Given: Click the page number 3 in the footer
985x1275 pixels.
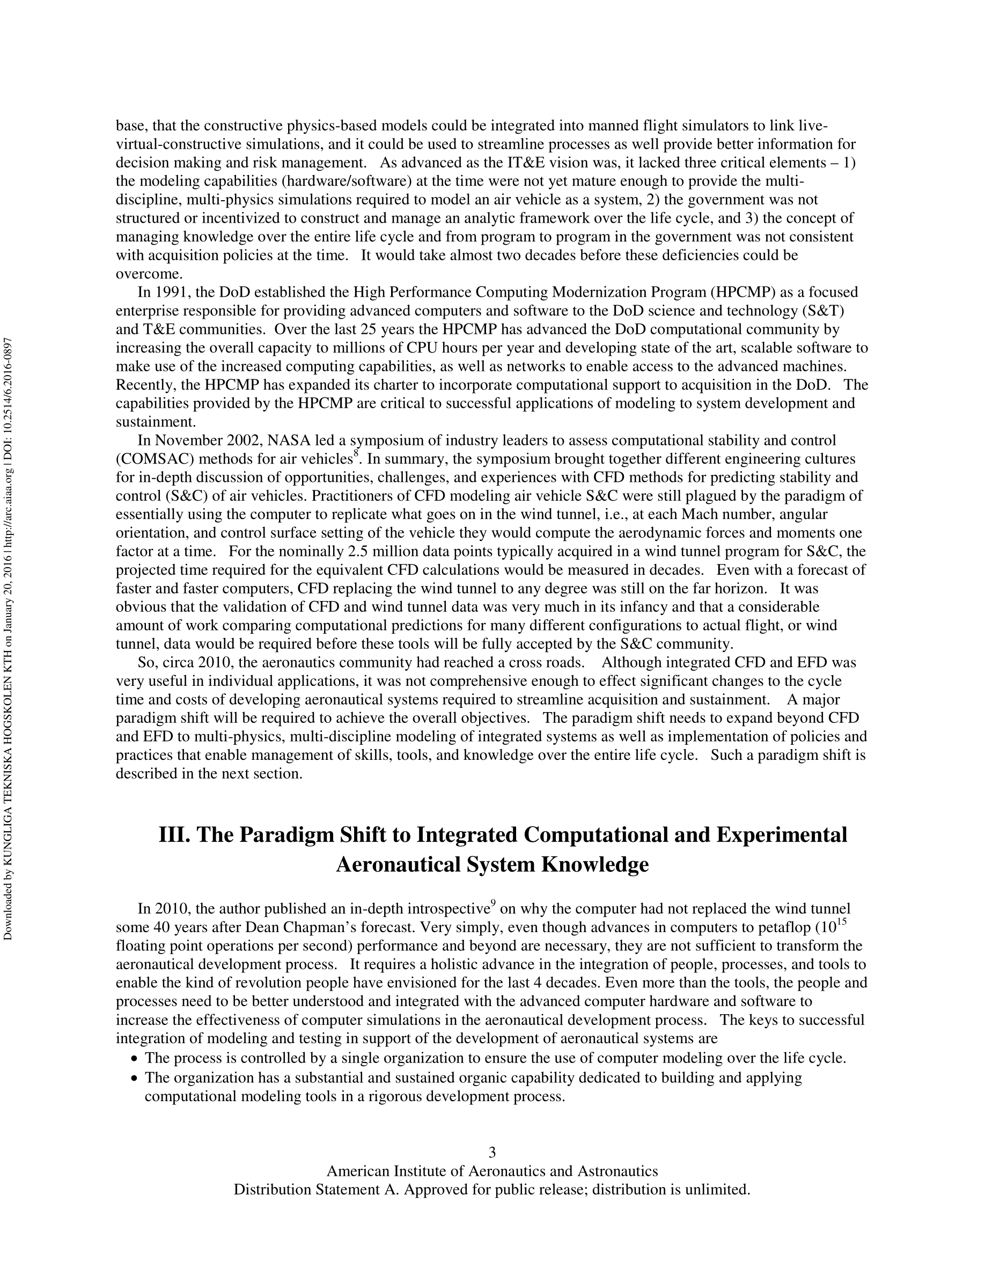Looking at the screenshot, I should click(492, 1152).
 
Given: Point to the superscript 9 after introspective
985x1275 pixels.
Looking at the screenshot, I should click(493, 904).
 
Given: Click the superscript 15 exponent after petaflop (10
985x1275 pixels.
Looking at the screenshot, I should click(841, 922).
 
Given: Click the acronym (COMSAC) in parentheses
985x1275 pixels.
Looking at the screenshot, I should click(155, 459).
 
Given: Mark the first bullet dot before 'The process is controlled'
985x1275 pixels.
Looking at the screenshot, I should click(135, 1058).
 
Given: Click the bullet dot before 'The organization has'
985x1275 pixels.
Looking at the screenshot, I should click(135, 1078).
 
